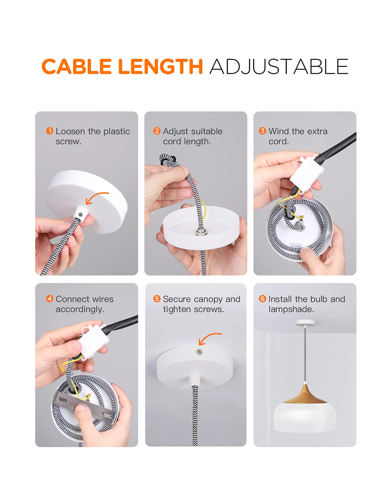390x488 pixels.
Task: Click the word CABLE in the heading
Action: pyautogui.click(x=77, y=67)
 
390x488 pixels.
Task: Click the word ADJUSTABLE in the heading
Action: pyautogui.click(x=279, y=67)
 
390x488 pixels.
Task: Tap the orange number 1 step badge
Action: pyautogui.click(x=50, y=131)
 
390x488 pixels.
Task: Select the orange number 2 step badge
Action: pyautogui.click(x=157, y=131)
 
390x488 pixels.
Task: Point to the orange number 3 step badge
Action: pyautogui.click(x=262, y=131)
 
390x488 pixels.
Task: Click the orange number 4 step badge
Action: pyautogui.click(x=50, y=299)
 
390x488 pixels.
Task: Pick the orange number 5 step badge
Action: pyautogui.click(x=157, y=299)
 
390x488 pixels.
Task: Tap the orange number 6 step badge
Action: pyautogui.click(x=262, y=299)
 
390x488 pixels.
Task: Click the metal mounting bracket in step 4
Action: pyautogui.click(x=84, y=405)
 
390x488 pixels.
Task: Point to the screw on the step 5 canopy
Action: pyautogui.click(x=200, y=352)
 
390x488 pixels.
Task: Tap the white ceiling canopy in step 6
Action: pyautogui.click(x=305, y=323)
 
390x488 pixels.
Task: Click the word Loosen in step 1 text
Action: pyautogui.click(x=70, y=131)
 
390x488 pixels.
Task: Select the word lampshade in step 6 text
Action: pyautogui.click(x=291, y=309)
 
